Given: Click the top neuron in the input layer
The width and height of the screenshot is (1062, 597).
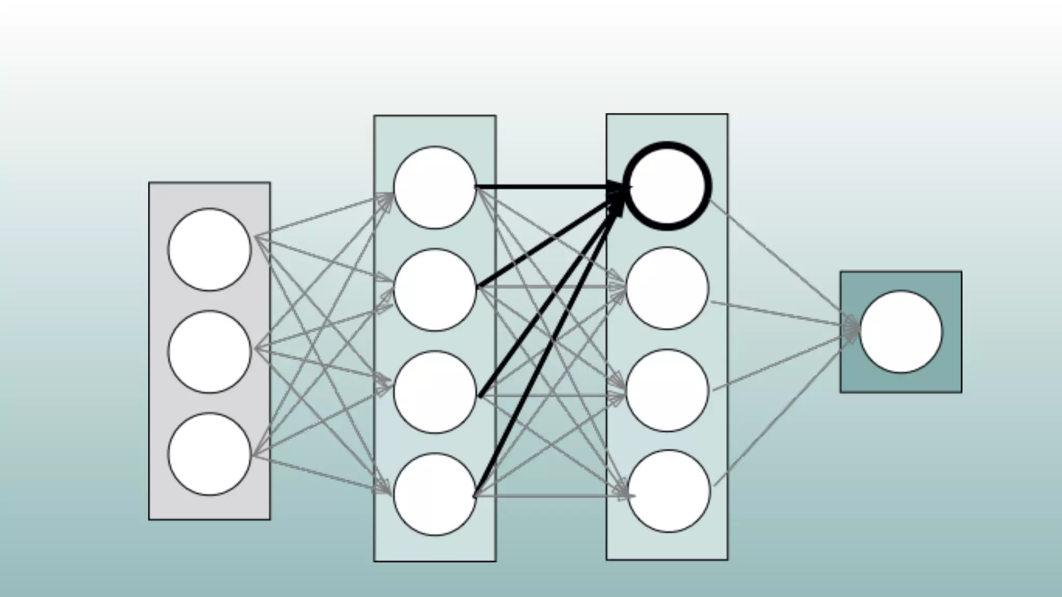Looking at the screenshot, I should click(x=209, y=249).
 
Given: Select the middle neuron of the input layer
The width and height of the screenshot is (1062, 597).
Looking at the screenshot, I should click(x=209, y=351).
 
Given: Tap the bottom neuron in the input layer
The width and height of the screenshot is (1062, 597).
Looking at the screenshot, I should click(x=209, y=454).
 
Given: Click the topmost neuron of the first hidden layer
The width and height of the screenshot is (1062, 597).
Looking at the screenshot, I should click(x=435, y=187).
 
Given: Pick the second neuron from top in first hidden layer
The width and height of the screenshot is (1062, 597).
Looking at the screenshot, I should click(x=435, y=290).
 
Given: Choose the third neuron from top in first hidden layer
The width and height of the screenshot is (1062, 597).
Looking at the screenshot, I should click(x=435, y=392).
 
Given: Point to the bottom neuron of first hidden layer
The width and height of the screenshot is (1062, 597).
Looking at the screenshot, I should click(x=435, y=494).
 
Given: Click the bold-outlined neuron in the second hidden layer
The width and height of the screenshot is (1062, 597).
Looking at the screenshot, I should click(x=667, y=186).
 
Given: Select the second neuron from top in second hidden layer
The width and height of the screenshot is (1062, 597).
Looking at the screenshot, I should click(x=667, y=288).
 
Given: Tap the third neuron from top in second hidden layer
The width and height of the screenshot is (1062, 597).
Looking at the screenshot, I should click(x=667, y=390).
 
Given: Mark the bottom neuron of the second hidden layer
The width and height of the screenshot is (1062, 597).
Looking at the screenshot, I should click(x=669, y=491).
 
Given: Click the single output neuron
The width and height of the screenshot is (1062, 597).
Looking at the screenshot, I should click(x=901, y=332).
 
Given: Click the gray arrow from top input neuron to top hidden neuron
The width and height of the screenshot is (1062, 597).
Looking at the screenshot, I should click(x=322, y=216).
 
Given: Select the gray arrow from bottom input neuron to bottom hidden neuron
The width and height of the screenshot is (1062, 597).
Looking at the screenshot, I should click(x=322, y=474).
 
